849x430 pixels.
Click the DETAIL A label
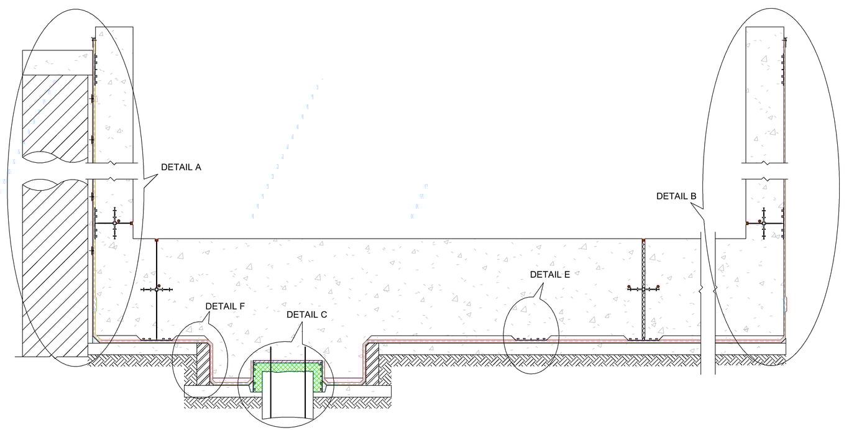[x=181, y=167]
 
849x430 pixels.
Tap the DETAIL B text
[x=676, y=196]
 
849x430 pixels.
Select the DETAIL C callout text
[x=306, y=314]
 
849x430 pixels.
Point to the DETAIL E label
[x=550, y=274]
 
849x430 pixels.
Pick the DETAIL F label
[x=225, y=306]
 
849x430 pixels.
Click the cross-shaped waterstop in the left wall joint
[x=115, y=222]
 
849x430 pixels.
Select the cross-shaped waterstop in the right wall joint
[x=763, y=223]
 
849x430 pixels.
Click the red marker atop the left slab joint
[x=156, y=239]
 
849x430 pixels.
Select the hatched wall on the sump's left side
[x=203, y=364]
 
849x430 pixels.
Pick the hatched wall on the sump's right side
[x=372, y=364]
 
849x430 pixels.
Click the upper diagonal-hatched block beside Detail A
[x=55, y=115]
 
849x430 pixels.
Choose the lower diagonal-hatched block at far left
[x=55, y=267]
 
